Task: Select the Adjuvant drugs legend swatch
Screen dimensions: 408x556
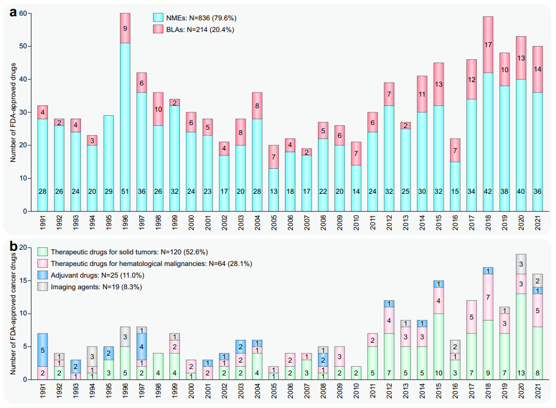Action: click(x=43, y=275)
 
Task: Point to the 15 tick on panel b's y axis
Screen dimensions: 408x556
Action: click(x=24, y=281)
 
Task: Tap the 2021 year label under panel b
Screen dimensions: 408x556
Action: click(x=537, y=393)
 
